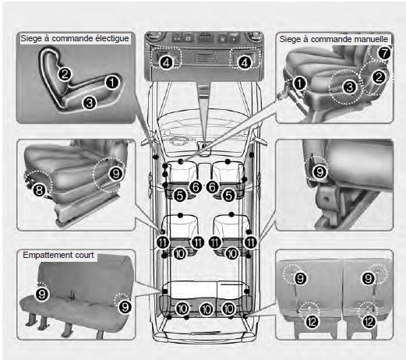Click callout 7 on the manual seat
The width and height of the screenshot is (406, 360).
click(x=384, y=53)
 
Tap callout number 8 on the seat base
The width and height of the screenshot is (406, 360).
click(x=39, y=190)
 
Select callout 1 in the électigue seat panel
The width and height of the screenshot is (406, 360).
click(x=112, y=83)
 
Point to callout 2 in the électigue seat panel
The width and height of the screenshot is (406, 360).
click(x=65, y=74)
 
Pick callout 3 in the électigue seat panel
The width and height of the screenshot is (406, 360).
click(x=90, y=103)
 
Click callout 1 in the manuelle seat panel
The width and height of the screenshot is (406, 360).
click(x=299, y=83)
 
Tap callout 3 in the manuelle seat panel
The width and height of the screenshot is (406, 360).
click(x=350, y=87)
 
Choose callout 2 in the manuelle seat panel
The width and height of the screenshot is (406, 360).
click(x=379, y=77)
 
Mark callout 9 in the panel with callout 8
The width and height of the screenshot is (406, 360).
click(x=116, y=174)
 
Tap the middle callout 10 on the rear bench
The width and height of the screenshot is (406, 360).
click(x=207, y=309)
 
